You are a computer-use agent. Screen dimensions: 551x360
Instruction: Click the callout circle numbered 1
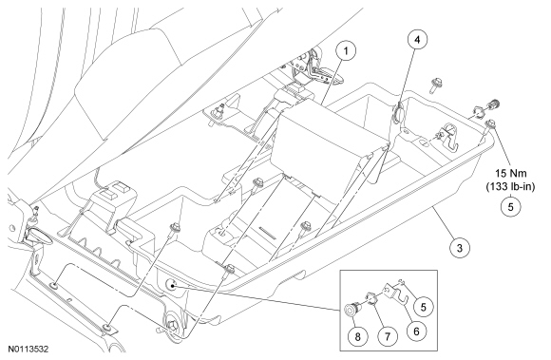346,51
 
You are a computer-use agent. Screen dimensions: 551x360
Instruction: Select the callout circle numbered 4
417,40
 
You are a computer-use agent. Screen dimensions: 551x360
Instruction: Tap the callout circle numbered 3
460,248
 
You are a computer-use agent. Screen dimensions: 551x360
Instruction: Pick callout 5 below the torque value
510,207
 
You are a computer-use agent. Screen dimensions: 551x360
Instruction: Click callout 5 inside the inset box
423,307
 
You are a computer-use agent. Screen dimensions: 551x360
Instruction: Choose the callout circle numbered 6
416,331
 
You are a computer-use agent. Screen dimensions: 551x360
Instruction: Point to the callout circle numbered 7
388,336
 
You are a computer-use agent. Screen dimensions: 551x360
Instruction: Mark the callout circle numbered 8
358,336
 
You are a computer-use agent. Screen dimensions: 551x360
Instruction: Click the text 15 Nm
510,173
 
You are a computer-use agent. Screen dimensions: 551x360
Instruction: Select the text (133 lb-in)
510,186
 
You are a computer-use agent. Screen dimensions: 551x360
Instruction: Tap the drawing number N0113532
28,350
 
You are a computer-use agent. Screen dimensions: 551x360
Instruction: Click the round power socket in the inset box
352,309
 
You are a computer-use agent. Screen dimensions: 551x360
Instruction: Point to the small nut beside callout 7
371,298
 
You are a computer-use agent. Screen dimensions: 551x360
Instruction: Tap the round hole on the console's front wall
172,285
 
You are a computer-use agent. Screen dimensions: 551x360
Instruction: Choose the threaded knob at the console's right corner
493,104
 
